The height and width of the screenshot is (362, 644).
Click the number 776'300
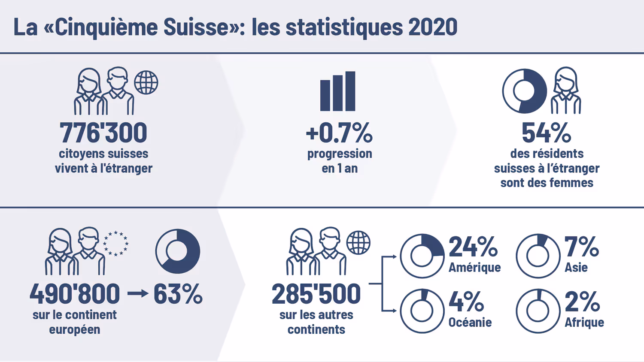103,133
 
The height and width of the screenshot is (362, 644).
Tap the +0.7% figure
339,133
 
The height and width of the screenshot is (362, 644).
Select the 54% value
546,133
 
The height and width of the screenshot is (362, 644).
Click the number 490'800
75,294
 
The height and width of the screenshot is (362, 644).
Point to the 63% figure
178,294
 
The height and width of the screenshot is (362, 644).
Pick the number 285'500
316,294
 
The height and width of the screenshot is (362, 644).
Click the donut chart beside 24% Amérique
422,256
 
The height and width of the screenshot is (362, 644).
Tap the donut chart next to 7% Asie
538,256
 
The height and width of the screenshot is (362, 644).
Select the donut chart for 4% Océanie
422,311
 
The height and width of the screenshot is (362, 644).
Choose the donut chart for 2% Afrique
538,311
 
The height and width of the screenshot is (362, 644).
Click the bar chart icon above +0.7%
338,91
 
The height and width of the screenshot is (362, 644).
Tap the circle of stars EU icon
115,244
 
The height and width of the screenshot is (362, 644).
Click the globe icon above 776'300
146,82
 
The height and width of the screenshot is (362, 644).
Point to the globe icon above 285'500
358,243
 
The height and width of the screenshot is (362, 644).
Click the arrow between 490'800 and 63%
138,294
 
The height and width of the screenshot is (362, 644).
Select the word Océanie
470,323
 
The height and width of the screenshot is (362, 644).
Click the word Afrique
584,323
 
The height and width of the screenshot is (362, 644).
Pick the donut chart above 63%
178,251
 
